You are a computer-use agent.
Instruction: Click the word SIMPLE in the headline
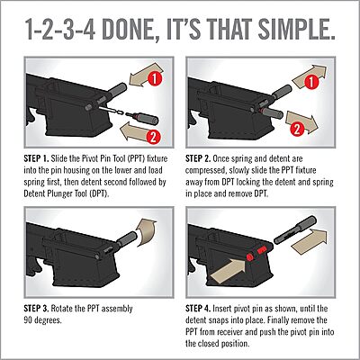(x=296, y=30)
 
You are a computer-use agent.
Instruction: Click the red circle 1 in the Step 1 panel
(x=155, y=79)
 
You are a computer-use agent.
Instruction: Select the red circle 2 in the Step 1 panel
(x=154, y=138)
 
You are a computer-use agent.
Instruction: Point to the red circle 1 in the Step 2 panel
(x=312, y=82)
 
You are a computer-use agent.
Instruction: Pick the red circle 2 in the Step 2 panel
(x=296, y=129)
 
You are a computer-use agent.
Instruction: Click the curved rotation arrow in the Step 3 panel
(x=146, y=232)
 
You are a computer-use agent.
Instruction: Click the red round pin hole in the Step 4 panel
(x=249, y=256)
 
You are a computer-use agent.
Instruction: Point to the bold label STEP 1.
(x=36, y=158)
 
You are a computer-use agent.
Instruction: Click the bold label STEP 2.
(x=198, y=158)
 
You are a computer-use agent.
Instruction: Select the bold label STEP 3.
(x=36, y=309)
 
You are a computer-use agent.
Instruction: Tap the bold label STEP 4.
(x=198, y=309)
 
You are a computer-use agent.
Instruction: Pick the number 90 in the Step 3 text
(x=28, y=320)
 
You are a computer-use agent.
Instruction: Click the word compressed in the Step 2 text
(x=205, y=171)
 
